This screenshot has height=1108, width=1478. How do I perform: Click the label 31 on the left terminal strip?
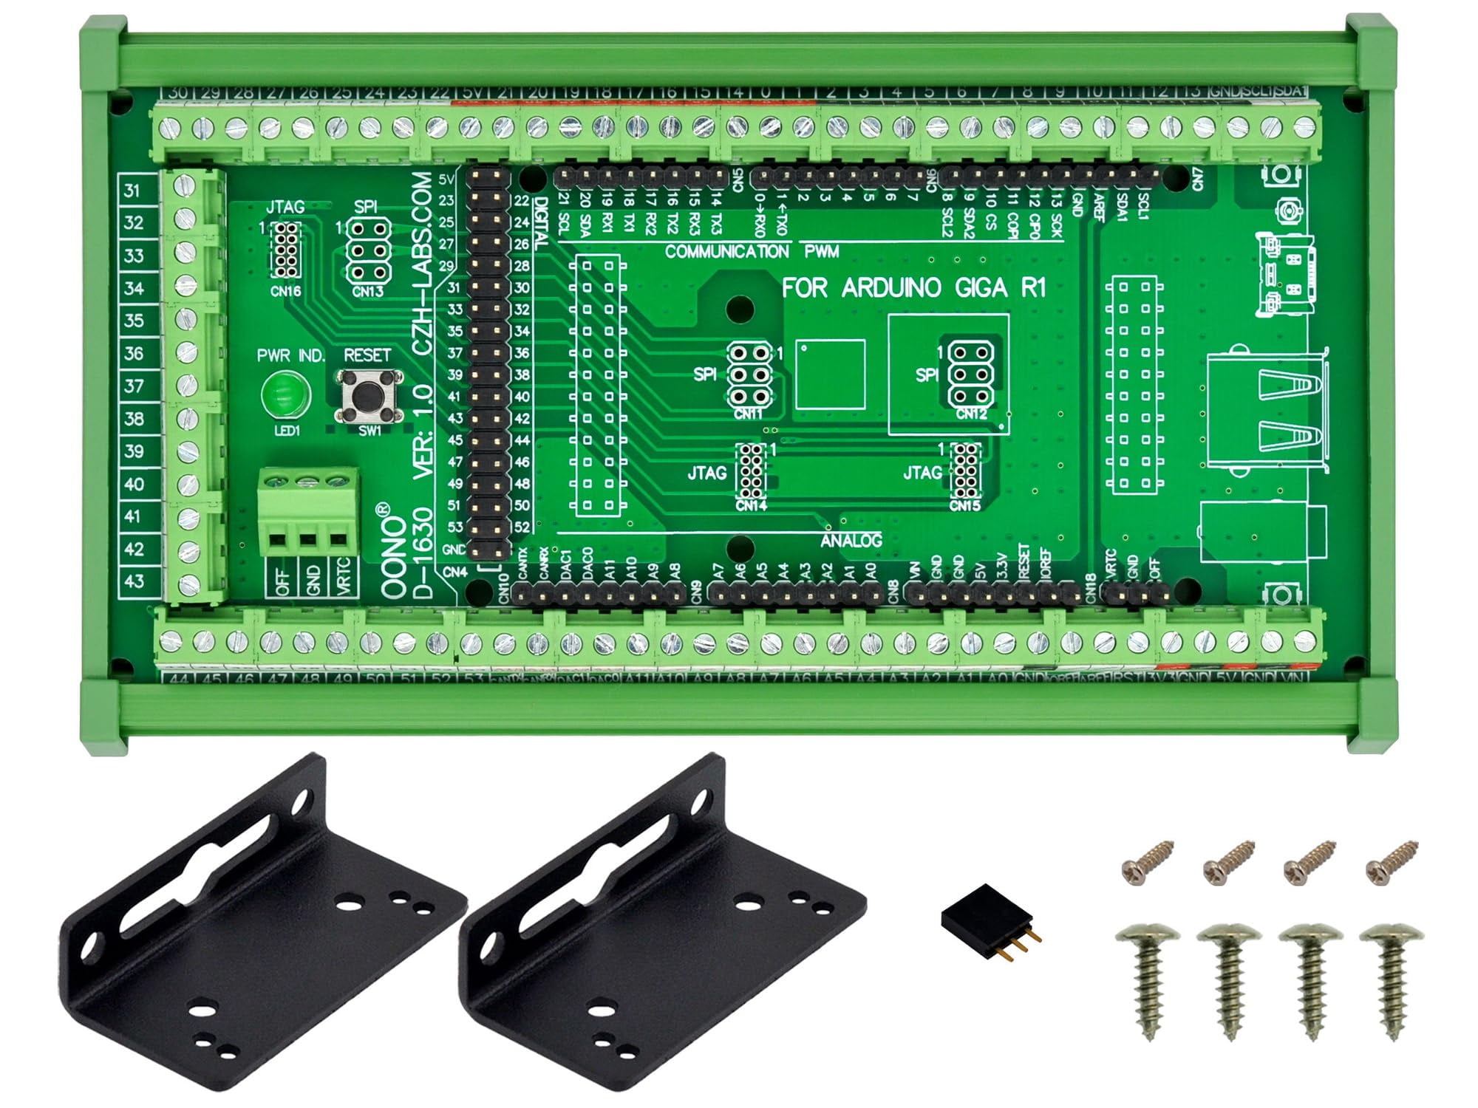pyautogui.click(x=132, y=191)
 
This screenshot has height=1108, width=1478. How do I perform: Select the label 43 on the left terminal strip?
pyautogui.click(x=134, y=581)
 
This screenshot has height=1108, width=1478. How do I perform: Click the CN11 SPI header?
pyautogui.click(x=749, y=375)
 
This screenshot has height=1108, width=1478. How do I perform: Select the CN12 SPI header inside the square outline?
pyautogui.click(x=970, y=375)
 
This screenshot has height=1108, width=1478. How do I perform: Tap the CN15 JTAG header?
pyautogui.click(x=965, y=471)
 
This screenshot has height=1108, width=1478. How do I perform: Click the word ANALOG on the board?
pyautogui.click(x=851, y=541)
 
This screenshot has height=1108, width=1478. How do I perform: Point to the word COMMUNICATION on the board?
pyautogui.click(x=726, y=252)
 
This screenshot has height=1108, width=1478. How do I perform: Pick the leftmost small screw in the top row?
pyautogui.click(x=1147, y=862)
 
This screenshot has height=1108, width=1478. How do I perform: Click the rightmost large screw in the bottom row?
pyautogui.click(x=1392, y=977)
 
